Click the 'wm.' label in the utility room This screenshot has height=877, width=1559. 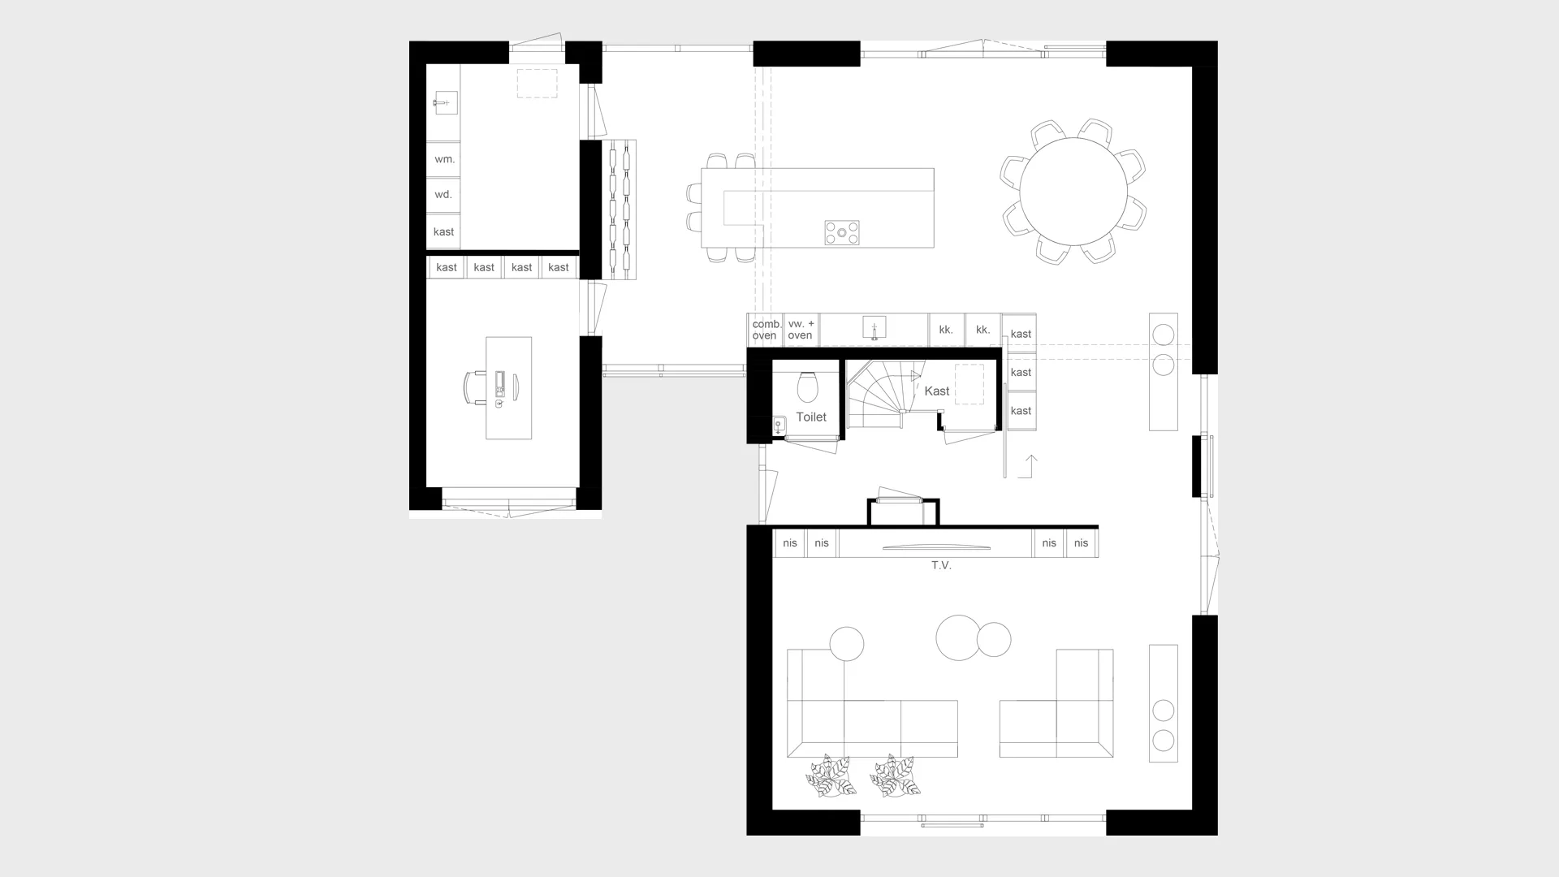pos(444,159)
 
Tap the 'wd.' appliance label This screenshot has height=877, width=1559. pos(443,195)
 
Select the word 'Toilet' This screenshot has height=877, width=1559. pos(811,417)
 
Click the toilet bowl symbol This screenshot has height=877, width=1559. pos(807,387)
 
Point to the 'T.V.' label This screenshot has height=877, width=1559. pos(941,565)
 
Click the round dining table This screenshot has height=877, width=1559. pos(1073,192)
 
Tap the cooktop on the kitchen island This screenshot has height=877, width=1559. pos(842,233)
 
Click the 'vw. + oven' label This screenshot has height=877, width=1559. pos(801,330)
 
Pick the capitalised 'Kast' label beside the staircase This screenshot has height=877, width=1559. pos(937,391)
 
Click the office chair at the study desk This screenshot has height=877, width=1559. pos(474,387)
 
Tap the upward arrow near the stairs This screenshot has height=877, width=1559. pos(1031,465)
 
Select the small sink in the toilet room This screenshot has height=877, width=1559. pos(779,425)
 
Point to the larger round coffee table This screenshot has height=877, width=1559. pos(958,637)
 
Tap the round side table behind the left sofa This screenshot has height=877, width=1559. pos(847,644)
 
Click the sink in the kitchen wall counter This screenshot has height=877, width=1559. pos(874,328)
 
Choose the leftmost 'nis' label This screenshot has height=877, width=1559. pos(790,543)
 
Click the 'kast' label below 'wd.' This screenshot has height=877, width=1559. pos(443,232)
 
